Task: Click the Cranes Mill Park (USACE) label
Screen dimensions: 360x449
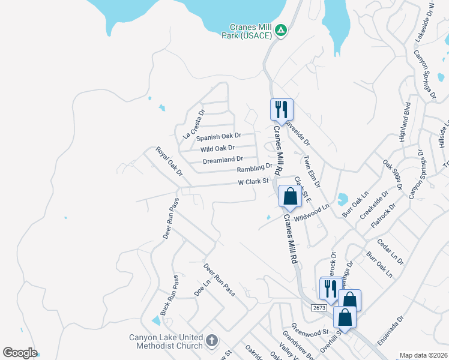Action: pyautogui.click(x=251, y=31)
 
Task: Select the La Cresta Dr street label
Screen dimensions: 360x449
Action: pyautogui.click(x=193, y=124)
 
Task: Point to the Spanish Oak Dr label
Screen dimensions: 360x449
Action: pyautogui.click(x=218, y=137)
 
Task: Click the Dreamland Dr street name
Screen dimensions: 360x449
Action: pyautogui.click(x=223, y=160)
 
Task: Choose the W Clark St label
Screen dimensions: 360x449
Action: pyautogui.click(x=252, y=181)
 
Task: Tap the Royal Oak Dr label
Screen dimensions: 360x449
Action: pyautogui.click(x=169, y=161)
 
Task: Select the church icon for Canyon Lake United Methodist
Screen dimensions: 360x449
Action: pyautogui.click(x=211, y=341)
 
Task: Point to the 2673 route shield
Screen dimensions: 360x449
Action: pyautogui.click(x=319, y=308)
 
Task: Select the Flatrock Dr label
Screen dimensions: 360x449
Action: pyautogui.click(x=384, y=217)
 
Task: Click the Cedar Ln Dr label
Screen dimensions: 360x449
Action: pyautogui.click(x=391, y=252)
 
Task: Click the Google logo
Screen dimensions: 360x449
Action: pyautogui.click(x=20, y=353)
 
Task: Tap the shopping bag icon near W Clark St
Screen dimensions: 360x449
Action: pyautogui.click(x=291, y=197)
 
